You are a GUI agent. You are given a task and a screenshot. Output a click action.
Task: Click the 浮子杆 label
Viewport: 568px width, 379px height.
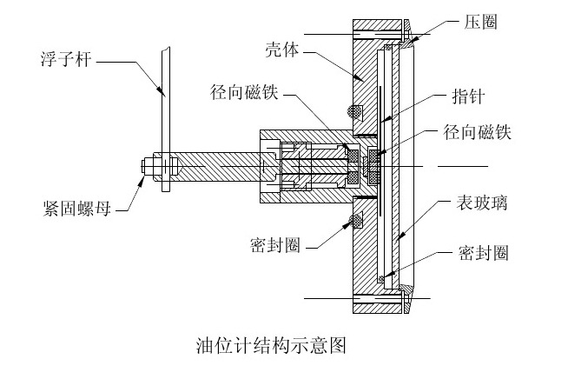pyautogui.click(x=66, y=59)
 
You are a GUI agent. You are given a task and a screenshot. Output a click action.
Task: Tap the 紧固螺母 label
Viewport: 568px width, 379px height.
pyautogui.click(x=76, y=209)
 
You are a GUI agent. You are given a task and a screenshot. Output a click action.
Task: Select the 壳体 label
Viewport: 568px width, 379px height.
pyautogui.click(x=282, y=50)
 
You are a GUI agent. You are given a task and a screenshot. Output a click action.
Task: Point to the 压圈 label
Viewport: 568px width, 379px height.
pyautogui.click(x=480, y=22)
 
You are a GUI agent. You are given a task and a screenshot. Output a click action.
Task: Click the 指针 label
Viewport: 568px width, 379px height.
pyautogui.click(x=468, y=96)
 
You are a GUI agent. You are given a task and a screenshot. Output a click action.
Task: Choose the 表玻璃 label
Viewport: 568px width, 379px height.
pyautogui.click(x=481, y=203)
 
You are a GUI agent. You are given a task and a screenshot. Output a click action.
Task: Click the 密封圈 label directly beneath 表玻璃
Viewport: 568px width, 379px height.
pyautogui.click(x=483, y=253)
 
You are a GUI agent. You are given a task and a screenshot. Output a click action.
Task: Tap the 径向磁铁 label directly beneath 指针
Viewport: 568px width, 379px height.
pyautogui.click(x=477, y=132)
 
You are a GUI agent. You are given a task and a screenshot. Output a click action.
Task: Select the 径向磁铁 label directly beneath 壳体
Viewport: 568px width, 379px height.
pyautogui.click(x=244, y=92)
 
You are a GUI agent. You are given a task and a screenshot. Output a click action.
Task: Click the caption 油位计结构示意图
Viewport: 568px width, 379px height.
pyautogui.click(x=271, y=345)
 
